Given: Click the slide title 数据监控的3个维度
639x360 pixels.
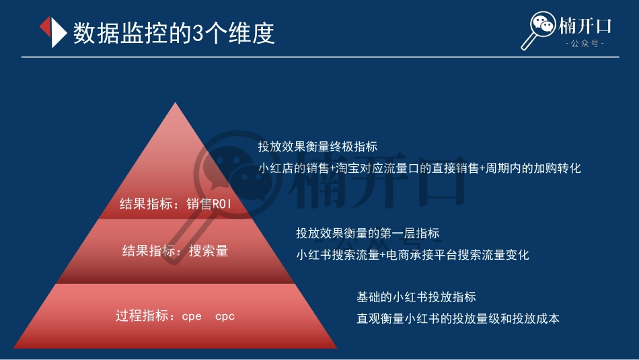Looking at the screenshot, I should point(174,33).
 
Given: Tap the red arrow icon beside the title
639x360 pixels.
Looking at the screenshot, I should point(51,32).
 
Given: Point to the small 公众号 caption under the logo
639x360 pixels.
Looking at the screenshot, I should point(585,44).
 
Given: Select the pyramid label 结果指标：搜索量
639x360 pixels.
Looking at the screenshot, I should point(176,251).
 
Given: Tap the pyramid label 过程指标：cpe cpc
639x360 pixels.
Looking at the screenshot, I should point(176,316).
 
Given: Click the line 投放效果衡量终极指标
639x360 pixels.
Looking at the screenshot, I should point(317,147).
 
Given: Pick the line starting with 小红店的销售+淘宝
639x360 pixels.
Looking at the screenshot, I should point(419,168).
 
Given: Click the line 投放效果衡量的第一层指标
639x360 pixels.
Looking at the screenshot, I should point(367,233).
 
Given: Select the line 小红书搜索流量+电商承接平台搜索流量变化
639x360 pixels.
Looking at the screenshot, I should point(412,255).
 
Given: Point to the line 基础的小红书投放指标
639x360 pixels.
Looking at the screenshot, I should point(416,297).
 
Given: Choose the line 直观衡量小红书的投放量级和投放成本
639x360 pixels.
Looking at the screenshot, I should point(457,318).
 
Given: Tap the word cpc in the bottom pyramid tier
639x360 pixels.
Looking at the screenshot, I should point(225,316).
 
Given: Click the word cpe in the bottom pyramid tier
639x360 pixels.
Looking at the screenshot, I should point(192,316).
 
